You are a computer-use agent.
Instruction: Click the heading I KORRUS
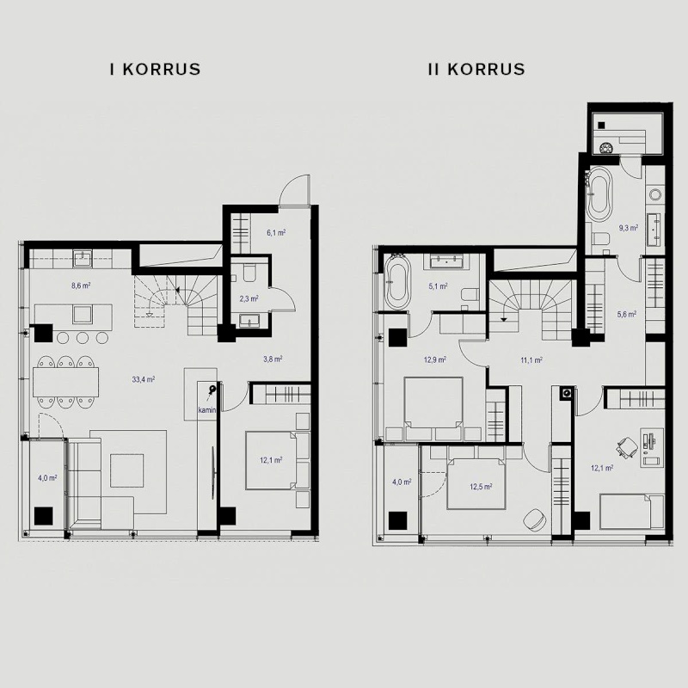(156, 70)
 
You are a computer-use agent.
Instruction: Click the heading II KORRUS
(476, 70)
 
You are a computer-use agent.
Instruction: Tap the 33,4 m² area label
(144, 379)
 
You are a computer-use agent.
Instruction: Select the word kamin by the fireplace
(206, 410)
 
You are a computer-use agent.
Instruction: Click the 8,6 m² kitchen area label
(81, 286)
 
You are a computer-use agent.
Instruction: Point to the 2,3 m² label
(249, 298)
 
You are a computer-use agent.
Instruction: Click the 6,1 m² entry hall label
(276, 232)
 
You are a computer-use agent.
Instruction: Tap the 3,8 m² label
(273, 359)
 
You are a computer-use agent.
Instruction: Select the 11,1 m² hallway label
(531, 360)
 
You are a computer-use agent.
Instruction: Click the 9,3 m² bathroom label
(629, 228)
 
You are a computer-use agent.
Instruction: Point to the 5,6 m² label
(627, 314)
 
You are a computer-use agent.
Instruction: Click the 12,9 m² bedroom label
(435, 359)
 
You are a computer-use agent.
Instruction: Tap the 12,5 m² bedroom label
(481, 487)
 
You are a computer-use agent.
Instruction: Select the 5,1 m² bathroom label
(438, 286)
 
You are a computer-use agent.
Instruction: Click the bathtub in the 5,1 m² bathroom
(397, 282)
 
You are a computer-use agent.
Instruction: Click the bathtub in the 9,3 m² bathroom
(599, 194)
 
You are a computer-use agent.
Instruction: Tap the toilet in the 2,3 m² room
(249, 273)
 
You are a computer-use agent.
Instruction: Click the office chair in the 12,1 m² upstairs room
(627, 447)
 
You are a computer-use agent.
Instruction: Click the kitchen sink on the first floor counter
(82, 259)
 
